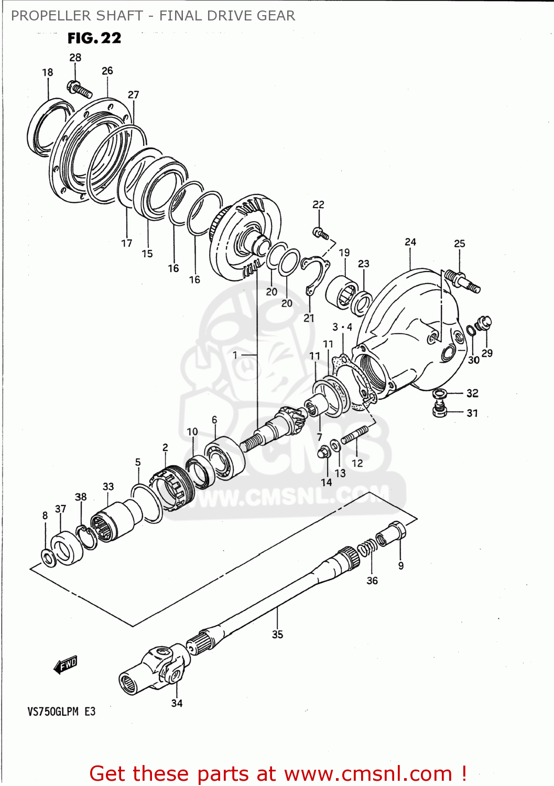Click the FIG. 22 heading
pos(94,38)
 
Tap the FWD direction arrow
pos(66,665)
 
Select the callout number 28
pos(75,58)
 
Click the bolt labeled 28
pos(79,89)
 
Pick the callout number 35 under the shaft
pos(277,635)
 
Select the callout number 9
pos(401,566)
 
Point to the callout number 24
pos(410,242)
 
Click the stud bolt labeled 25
pos(462,281)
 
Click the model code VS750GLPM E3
pos(61,712)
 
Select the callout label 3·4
pos(342,327)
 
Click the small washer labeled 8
pos(48,558)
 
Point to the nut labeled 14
pos(324,451)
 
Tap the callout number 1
pos(235,355)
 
